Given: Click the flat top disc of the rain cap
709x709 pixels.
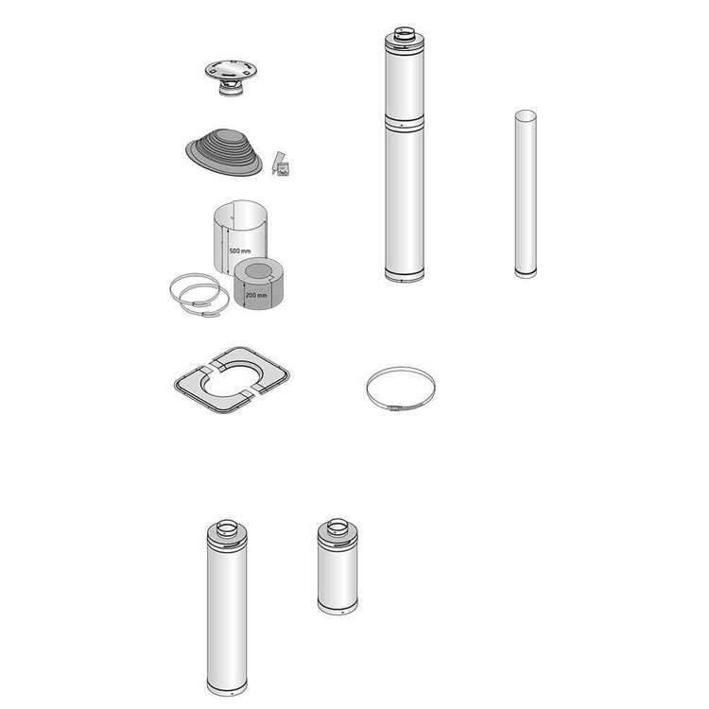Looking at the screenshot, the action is coord(231,70).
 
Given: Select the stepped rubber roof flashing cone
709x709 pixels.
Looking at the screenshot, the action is coord(224,152).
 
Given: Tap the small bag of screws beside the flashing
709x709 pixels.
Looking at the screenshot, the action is coord(284,169).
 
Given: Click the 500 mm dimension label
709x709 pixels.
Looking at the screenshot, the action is coord(240,251).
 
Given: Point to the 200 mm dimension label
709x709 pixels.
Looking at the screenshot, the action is coord(256,295).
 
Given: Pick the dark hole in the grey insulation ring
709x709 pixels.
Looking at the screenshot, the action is coord(258,271).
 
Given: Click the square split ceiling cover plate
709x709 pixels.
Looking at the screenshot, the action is coord(232,380).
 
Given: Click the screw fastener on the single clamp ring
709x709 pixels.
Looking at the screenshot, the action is coord(393,408).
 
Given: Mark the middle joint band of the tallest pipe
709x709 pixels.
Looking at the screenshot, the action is coord(405,123).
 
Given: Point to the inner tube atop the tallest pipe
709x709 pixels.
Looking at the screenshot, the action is coord(405,35).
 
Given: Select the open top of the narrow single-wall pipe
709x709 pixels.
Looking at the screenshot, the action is coord(526,115).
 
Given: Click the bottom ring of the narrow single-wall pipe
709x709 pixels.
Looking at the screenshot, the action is coord(526,273).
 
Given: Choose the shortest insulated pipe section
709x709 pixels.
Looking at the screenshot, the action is coord(337,567).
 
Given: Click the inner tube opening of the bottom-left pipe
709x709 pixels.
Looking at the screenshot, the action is coord(227,527).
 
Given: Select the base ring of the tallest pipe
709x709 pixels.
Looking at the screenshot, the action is coord(405,273).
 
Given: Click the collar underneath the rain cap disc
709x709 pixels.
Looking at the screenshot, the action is coord(231,88).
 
